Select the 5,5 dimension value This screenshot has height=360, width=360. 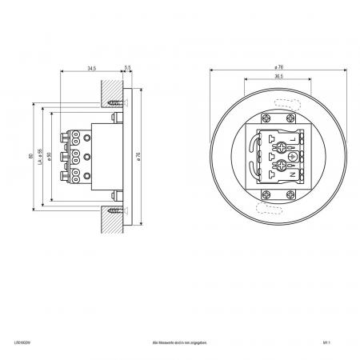[128, 70]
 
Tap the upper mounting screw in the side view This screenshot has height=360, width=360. [118, 102]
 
